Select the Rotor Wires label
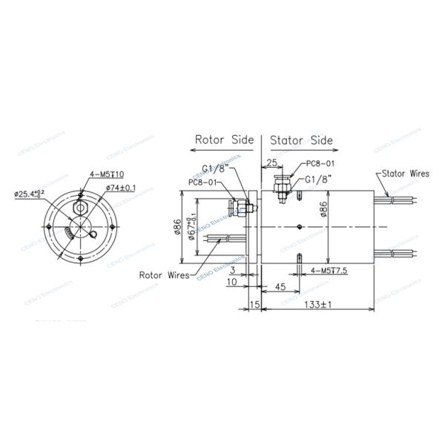coord(165,274)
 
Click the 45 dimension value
coord(281,286)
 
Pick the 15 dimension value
coord(254,305)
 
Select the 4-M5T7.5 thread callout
coord(330,272)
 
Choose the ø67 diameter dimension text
coord(193,224)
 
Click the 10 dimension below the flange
coord(234,283)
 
